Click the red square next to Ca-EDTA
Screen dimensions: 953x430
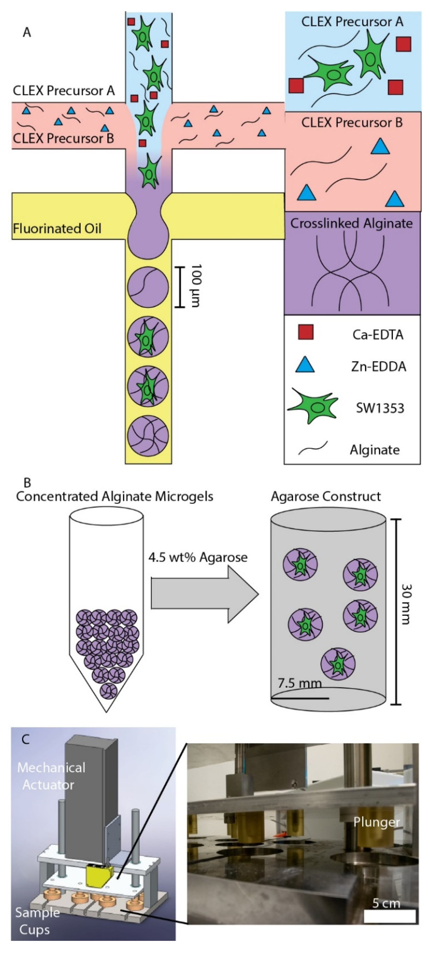coord(305,332)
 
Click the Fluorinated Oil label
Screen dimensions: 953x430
coord(57,228)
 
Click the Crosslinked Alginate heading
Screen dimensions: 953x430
coord(351,224)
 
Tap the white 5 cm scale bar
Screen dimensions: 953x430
coord(390,916)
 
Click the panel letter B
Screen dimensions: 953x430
coord(27,483)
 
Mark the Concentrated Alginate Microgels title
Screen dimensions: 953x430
coord(115,497)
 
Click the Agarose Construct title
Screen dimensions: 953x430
coord(326,497)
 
